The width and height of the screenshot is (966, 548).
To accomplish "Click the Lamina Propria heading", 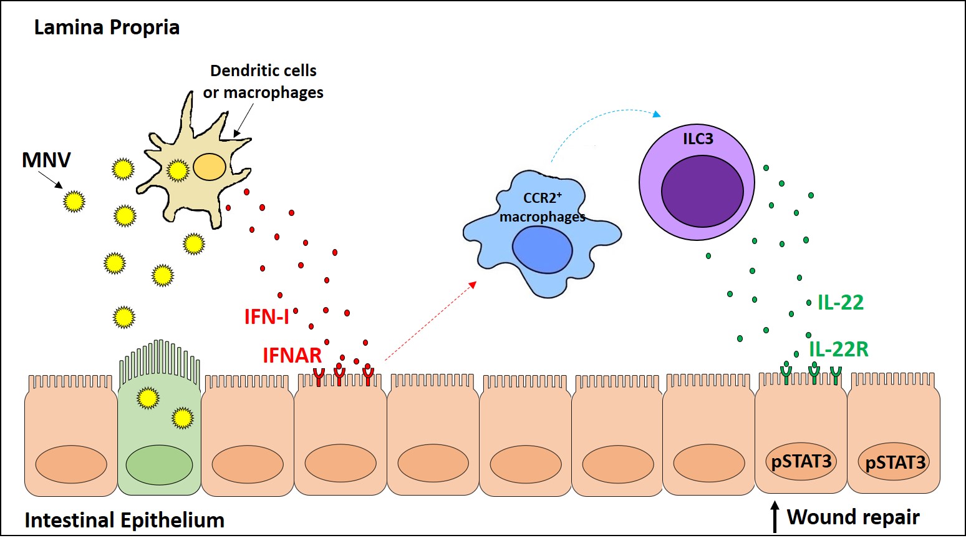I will pyautogui.click(x=107, y=27).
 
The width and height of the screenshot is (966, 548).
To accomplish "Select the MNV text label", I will pyautogui.click(x=46, y=160).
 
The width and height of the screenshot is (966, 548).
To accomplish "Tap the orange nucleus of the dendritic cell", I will pyautogui.click(x=210, y=167).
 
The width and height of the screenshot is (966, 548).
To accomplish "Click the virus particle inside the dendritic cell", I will pyautogui.click(x=178, y=170).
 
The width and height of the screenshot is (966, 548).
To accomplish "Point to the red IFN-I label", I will pyautogui.click(x=266, y=317).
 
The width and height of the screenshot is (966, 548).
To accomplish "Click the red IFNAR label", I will pyautogui.click(x=292, y=356).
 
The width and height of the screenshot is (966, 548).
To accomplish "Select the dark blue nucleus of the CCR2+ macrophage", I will pyautogui.click(x=542, y=250).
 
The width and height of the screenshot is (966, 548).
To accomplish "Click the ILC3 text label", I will pyautogui.click(x=698, y=139).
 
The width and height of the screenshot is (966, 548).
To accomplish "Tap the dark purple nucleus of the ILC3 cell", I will pyautogui.click(x=702, y=191).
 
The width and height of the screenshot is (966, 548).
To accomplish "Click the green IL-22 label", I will pyautogui.click(x=840, y=303).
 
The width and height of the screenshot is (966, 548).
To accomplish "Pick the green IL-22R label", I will pyautogui.click(x=838, y=350).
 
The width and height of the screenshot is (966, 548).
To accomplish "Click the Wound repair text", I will pyautogui.click(x=852, y=517).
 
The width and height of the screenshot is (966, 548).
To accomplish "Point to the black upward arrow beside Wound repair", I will pyautogui.click(x=775, y=517).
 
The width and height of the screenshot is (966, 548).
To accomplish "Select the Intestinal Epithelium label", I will pyautogui.click(x=124, y=521).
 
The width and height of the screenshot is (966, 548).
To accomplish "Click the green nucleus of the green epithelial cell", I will pyautogui.click(x=159, y=465).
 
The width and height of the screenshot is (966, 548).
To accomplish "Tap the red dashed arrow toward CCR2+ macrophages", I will pyautogui.click(x=430, y=321).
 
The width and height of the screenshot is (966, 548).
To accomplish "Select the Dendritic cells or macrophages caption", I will pyautogui.click(x=263, y=82).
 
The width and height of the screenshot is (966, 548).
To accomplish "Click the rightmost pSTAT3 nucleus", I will pyautogui.click(x=895, y=462).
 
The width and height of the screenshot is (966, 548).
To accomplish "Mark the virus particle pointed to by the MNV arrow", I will pyautogui.click(x=74, y=202).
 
